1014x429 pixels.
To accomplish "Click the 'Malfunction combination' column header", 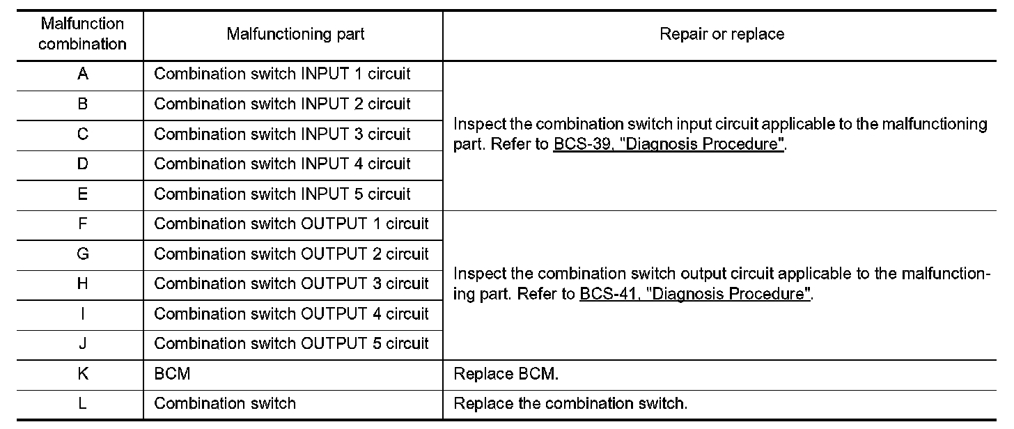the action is tap(83, 34).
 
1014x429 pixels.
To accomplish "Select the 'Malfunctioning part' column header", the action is tap(295, 34).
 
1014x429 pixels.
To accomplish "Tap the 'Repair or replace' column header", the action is tap(721, 34).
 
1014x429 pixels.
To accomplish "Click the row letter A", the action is tap(83, 74).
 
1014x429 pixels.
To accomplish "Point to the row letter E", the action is tap(83, 194).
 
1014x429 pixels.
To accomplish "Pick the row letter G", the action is tap(83, 254).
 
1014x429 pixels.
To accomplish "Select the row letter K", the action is tap(83, 374).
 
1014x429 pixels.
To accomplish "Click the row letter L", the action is tap(83, 404).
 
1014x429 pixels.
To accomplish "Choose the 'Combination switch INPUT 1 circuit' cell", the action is tap(282, 74).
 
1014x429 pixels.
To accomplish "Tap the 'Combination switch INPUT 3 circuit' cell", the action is tap(282, 134).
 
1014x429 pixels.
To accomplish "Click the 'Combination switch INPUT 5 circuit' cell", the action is tap(282, 194).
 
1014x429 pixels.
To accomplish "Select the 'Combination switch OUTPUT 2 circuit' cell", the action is tap(291, 254).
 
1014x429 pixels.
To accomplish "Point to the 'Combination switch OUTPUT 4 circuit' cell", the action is tap(291, 314).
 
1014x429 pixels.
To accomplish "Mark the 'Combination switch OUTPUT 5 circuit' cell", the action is tap(291, 344).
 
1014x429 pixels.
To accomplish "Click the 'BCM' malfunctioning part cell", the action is tap(172, 374).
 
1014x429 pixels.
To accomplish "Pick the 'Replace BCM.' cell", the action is tap(506, 374).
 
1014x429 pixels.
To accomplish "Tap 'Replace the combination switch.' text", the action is tap(570, 404).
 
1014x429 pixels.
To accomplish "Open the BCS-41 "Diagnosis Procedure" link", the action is tap(695, 295).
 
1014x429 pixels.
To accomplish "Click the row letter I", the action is tap(83, 314).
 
